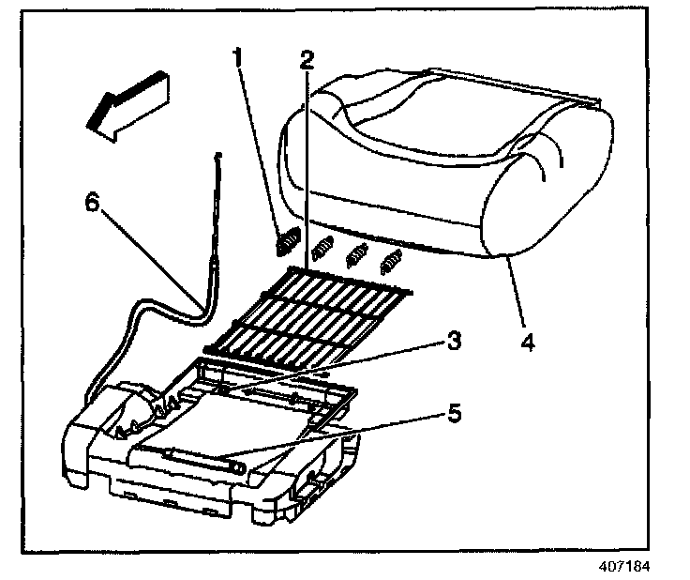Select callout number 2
click(x=306, y=60)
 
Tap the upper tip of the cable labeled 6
click(x=217, y=153)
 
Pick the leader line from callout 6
click(x=150, y=258)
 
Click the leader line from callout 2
click(x=306, y=169)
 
